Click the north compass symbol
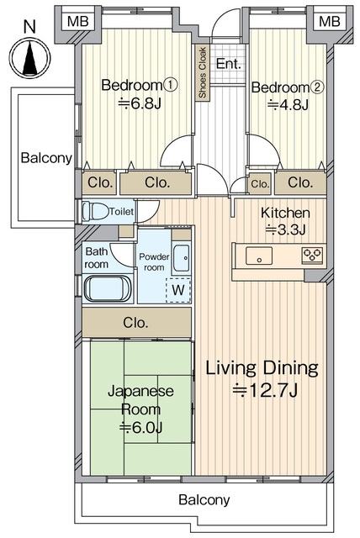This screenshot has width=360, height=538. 29,57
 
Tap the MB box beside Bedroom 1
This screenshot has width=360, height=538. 78,21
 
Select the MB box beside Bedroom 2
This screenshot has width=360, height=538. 329,21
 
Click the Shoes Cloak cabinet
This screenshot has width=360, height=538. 203,72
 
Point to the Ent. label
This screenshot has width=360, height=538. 228,64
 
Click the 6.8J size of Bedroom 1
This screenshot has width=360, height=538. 140,103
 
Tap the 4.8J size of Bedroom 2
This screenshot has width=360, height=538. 288,104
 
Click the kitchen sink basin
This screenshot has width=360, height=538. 259,256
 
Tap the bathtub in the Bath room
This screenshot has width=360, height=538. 108,288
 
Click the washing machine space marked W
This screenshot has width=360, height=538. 178,290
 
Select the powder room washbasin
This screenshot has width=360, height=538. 181,258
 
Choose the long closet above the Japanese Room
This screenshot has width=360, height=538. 136,322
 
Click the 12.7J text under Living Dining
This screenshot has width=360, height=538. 265,390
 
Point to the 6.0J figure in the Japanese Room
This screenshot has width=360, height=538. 140,427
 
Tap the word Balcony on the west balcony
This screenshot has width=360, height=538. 46,157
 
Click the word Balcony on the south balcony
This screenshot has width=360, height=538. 204,499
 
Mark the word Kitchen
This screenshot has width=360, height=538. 285,213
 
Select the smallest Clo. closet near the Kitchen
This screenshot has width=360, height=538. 260,184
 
